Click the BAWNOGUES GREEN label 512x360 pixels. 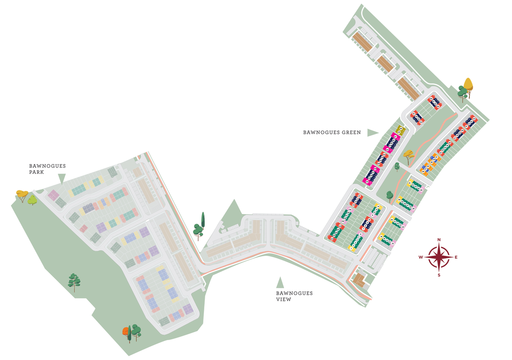point(332,133)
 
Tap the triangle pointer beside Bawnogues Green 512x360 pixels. point(373,133)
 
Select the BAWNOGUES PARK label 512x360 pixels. point(47,169)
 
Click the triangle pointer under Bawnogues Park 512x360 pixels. point(61,179)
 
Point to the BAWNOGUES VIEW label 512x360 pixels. point(294,296)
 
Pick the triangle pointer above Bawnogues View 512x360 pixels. point(280,283)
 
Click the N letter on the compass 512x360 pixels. point(439,240)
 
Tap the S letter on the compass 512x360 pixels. point(439,275)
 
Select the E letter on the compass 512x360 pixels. point(456,258)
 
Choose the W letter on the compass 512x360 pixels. point(421,258)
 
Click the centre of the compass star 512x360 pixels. point(439,258)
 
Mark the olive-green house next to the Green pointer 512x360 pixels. point(400,129)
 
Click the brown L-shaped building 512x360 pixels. point(359,280)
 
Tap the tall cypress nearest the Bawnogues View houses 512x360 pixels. point(203,220)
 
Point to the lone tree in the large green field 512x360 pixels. point(73,281)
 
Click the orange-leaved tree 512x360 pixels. point(127,333)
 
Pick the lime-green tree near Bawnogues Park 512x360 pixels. point(32,199)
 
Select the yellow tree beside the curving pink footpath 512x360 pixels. point(408,154)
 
